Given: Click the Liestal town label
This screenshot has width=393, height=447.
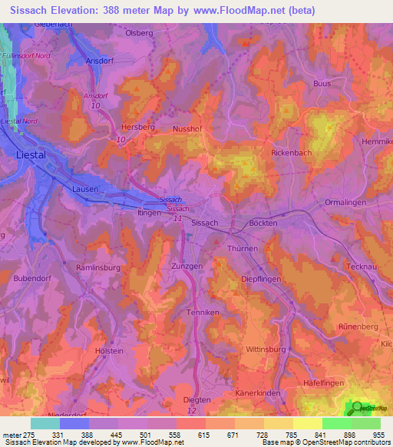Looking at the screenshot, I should [x=31, y=154].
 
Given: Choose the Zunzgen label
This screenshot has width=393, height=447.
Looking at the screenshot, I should [x=187, y=265].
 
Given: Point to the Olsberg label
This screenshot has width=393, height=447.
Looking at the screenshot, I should [x=140, y=34].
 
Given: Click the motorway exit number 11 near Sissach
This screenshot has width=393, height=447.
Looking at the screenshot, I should [x=177, y=219].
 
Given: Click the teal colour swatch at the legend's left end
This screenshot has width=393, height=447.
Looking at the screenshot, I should [x=45, y=423].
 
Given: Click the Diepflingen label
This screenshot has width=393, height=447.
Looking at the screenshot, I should [x=261, y=279].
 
